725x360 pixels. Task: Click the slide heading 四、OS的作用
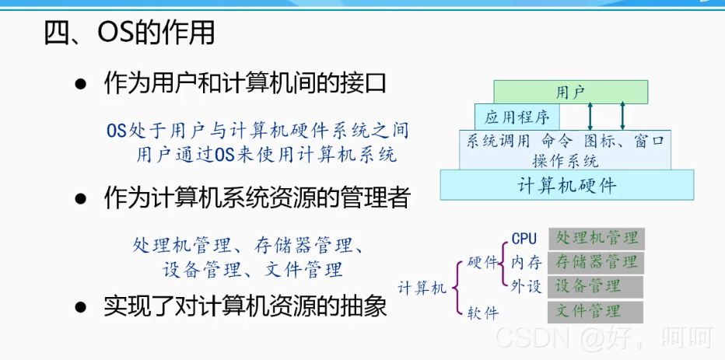click(128, 33)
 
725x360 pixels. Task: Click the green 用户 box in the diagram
click(570, 93)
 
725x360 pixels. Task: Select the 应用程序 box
click(517, 117)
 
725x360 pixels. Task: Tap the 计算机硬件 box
click(566, 186)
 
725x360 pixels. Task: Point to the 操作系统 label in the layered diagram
click(566, 161)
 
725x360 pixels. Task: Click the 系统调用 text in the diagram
click(498, 142)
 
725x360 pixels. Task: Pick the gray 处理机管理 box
click(597, 238)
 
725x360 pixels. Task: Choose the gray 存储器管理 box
click(597, 261)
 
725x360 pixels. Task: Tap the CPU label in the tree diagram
click(524, 239)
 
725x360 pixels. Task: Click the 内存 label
click(527, 262)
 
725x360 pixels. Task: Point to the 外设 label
click(527, 285)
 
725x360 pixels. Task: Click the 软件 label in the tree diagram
click(482, 313)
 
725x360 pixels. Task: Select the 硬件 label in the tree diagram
click(482, 263)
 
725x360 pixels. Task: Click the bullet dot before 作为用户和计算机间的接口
click(80, 83)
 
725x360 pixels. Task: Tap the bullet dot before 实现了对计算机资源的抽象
click(80, 306)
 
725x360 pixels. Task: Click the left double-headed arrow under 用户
click(590, 117)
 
